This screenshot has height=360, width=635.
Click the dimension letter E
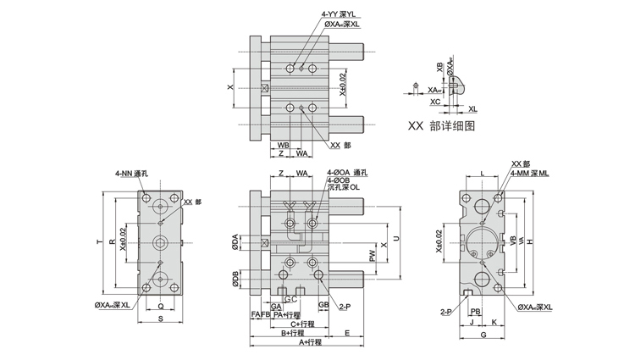tap(347, 333)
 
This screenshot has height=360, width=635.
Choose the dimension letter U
tap(395, 239)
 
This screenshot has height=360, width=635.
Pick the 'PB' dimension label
tap(476, 311)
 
